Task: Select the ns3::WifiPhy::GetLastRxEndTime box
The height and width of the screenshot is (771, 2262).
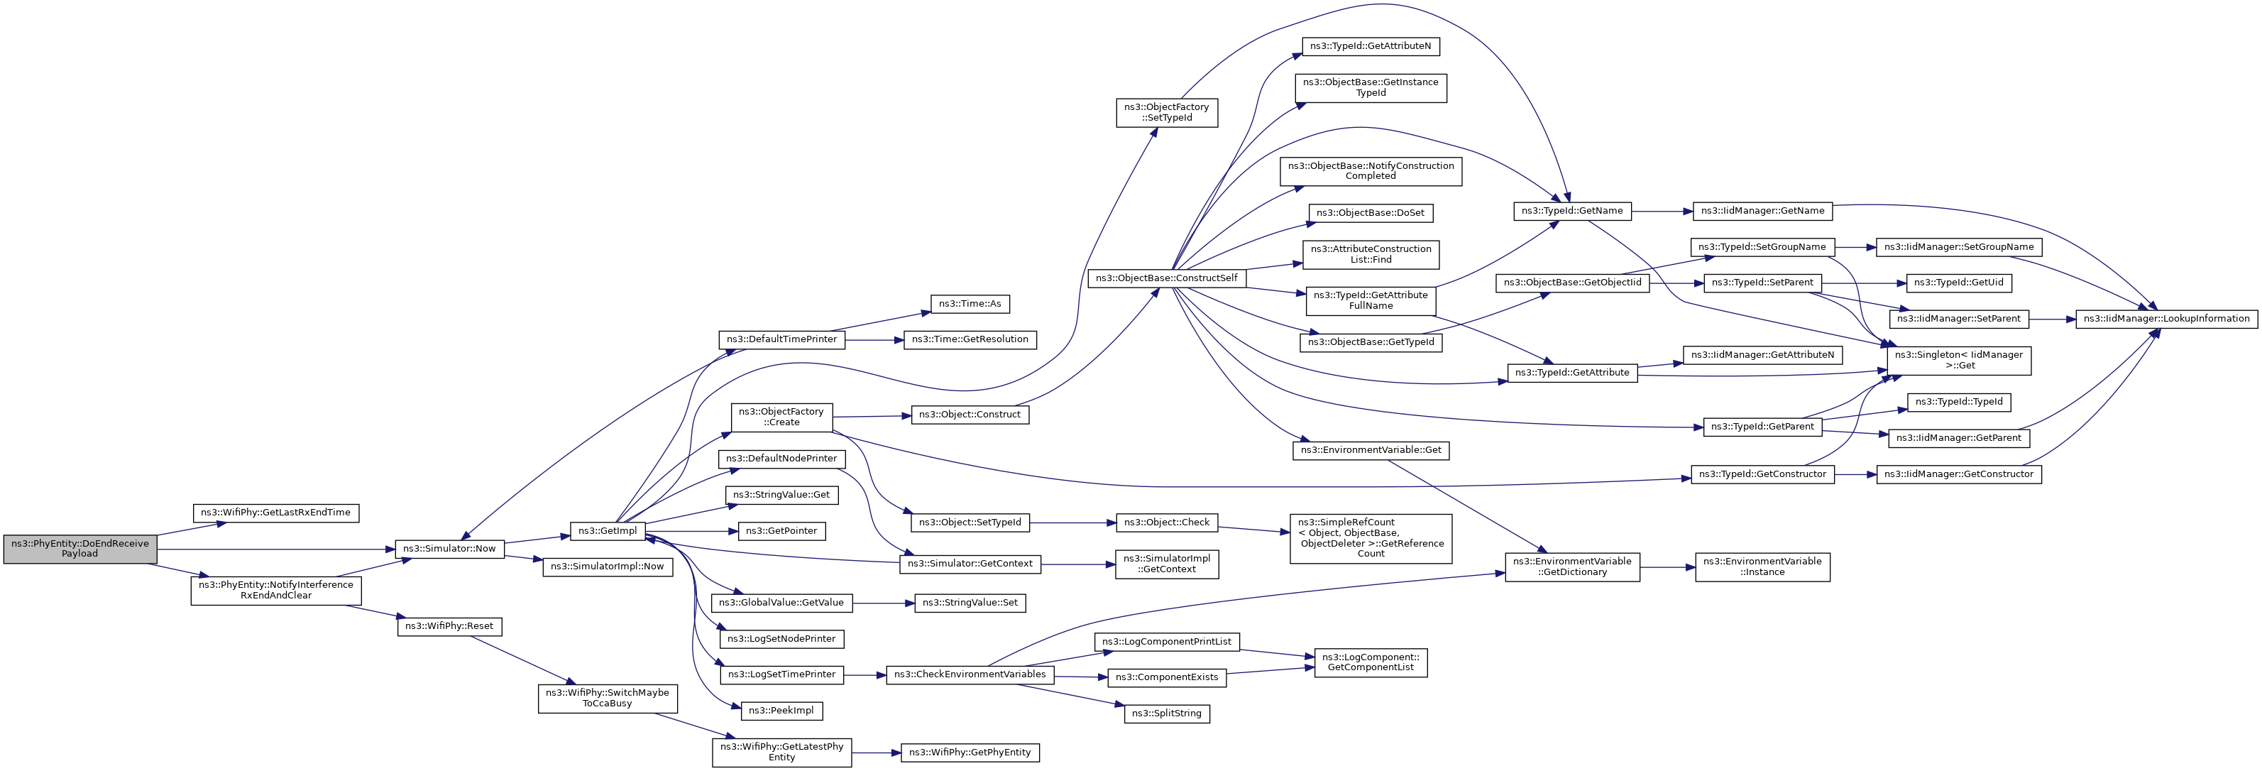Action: coord(275,513)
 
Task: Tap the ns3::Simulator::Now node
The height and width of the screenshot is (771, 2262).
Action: coord(449,549)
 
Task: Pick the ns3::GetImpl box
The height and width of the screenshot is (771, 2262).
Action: coord(608,531)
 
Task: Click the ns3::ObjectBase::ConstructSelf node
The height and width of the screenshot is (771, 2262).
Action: coord(1166,278)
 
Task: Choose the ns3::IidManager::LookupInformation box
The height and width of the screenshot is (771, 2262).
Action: coord(2166,319)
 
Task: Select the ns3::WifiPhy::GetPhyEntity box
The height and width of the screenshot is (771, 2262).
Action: coord(970,753)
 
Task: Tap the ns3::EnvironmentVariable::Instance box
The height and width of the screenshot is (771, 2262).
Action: coord(1762,567)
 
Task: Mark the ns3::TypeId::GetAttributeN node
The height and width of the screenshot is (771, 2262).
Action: coord(1370,45)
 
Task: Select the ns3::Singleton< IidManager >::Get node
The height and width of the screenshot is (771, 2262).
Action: coord(1958,360)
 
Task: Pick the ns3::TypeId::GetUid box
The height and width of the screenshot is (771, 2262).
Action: coord(1958,283)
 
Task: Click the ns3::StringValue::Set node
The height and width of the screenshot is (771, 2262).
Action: coord(970,603)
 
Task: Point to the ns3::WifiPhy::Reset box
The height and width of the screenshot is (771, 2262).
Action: coord(449,626)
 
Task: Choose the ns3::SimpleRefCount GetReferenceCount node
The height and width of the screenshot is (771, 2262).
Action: coord(1371,538)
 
